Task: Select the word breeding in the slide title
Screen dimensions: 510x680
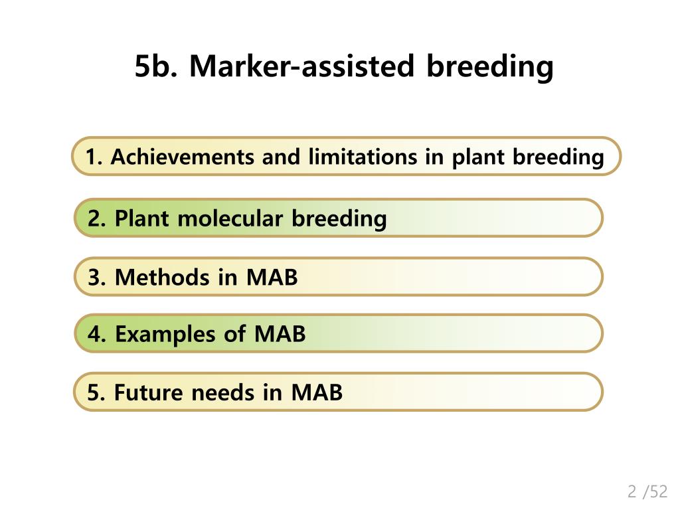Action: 489,66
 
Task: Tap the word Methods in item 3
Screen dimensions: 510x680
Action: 161,277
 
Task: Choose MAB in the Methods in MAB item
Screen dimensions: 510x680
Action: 272,277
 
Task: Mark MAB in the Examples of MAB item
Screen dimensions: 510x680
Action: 280,334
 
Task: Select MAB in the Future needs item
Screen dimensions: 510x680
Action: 317,392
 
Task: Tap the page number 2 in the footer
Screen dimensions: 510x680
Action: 632,491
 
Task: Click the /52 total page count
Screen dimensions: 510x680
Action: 655,491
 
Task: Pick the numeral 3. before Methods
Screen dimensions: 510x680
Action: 97,277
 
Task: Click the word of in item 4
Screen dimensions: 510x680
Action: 234,334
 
